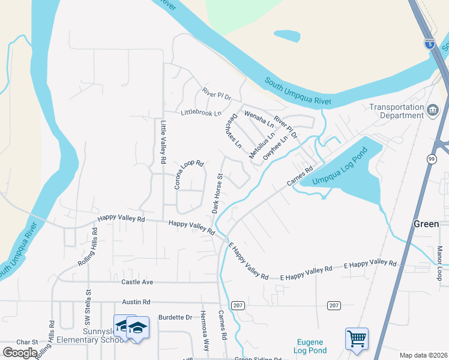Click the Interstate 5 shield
(x=429, y=44)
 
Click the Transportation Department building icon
(x=433, y=110)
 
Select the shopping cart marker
(x=357, y=339)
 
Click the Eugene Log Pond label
(x=310, y=346)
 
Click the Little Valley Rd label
(x=163, y=143)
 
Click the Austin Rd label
(x=135, y=303)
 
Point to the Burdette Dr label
(x=175, y=317)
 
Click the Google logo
(x=20, y=353)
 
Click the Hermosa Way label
(x=205, y=331)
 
